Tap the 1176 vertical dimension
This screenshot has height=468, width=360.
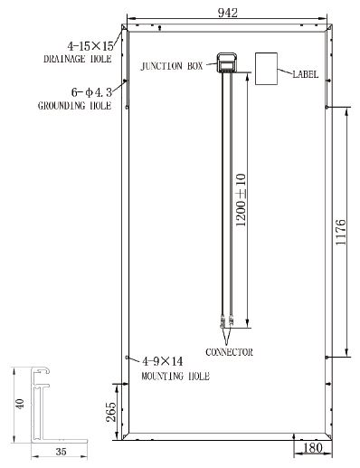point(341,234)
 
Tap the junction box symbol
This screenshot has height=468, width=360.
point(227,62)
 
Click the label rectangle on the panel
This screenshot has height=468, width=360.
point(268,69)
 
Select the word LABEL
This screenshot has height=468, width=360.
point(306,74)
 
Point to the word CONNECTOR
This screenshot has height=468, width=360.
point(229,351)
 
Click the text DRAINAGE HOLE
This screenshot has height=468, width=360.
point(77,59)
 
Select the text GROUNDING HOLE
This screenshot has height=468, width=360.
point(74,106)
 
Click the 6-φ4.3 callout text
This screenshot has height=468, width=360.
point(90,91)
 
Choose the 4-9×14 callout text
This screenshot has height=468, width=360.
point(162,360)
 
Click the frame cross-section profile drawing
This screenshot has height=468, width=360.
point(41,404)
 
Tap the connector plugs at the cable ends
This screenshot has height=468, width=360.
point(226,320)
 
